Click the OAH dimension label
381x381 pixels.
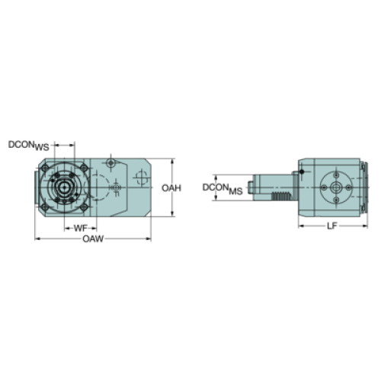171,188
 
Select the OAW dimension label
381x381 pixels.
93,239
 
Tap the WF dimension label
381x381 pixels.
80,228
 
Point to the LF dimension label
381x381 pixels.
331,226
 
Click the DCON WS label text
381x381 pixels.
29,146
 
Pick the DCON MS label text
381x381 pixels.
223,189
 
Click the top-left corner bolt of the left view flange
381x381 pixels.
45,168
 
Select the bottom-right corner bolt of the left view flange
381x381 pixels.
84,207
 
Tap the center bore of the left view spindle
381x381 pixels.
64,187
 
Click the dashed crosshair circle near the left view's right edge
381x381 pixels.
141,177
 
